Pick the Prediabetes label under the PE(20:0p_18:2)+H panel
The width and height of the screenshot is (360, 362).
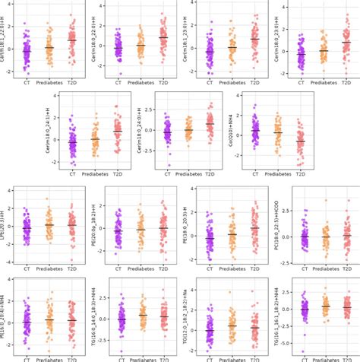click(x=141, y=267)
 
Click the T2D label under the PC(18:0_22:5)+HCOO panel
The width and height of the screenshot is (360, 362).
click(x=347, y=267)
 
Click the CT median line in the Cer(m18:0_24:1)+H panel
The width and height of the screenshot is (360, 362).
click(x=73, y=141)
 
